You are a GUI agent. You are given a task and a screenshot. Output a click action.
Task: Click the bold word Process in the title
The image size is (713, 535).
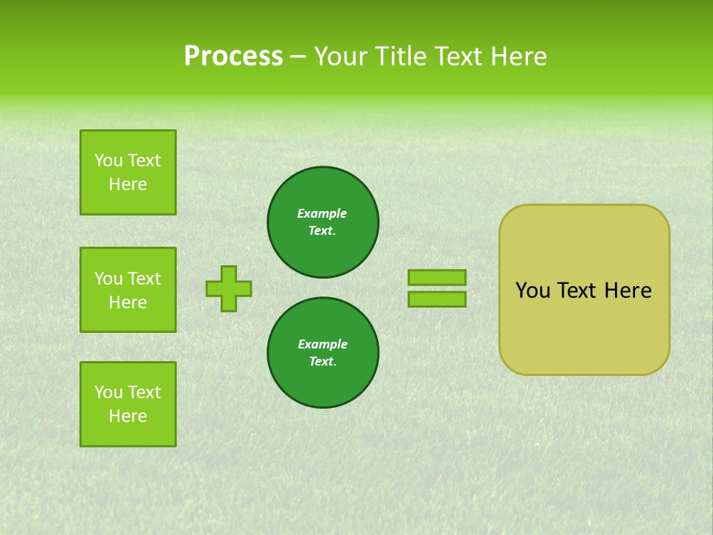(x=233, y=56)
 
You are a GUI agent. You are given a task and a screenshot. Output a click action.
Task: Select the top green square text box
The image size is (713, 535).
(x=128, y=172)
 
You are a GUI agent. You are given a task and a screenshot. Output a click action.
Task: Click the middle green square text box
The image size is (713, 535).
(x=128, y=290)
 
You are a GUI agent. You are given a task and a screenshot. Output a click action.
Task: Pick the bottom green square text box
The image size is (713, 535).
(x=128, y=404)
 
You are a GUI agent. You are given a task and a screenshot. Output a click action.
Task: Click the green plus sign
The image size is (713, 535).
(x=229, y=288)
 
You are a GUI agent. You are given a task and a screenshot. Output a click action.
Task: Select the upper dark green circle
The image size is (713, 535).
(x=323, y=222)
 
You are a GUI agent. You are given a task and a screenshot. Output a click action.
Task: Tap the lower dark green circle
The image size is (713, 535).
(x=323, y=353)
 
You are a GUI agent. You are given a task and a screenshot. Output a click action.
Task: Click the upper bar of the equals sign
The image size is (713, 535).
(x=437, y=277)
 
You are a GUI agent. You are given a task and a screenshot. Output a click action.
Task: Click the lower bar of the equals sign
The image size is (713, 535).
(x=437, y=299)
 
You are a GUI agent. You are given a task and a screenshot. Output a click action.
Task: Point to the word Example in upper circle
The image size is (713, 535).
(x=322, y=213)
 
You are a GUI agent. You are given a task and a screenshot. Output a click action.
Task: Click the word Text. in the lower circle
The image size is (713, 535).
(x=322, y=362)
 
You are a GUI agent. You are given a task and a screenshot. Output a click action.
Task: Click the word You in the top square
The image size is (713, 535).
(x=108, y=160)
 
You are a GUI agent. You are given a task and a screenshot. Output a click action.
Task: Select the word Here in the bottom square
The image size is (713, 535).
(x=128, y=416)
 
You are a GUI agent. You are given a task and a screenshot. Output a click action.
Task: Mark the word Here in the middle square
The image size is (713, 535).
(x=128, y=302)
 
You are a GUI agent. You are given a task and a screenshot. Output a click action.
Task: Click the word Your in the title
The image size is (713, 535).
(x=340, y=56)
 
